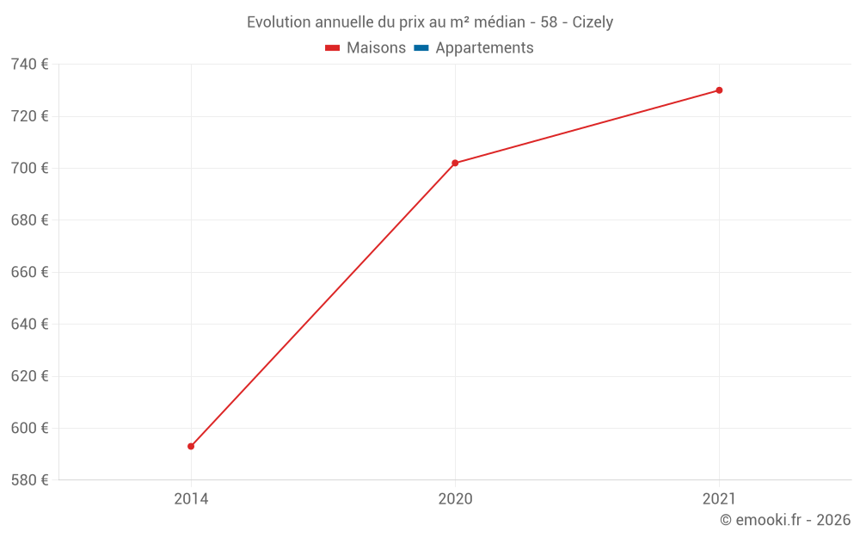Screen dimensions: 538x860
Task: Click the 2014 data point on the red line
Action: click(x=191, y=446)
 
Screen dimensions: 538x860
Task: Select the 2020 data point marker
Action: click(x=455, y=163)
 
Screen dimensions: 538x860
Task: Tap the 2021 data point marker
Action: click(x=719, y=90)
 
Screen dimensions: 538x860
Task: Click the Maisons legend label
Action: click(x=376, y=48)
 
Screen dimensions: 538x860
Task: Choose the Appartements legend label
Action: click(x=484, y=48)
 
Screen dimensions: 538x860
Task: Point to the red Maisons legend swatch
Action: click(x=333, y=48)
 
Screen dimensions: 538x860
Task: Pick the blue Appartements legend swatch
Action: click(x=421, y=48)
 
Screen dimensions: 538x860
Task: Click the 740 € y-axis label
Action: click(x=29, y=65)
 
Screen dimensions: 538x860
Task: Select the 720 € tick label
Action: click(x=29, y=116)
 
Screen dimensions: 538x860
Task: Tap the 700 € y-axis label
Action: click(x=29, y=168)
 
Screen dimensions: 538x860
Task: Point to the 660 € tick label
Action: click(x=29, y=272)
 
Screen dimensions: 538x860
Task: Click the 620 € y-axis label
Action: click(x=29, y=376)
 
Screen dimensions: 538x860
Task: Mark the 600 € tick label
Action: click(x=29, y=428)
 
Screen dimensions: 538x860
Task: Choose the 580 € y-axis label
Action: click(x=29, y=479)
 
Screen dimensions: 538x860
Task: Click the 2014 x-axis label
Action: click(x=191, y=498)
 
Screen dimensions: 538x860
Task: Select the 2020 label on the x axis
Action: click(x=455, y=498)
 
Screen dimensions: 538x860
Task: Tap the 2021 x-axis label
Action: click(x=719, y=498)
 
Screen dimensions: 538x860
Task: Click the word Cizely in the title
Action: click(x=593, y=22)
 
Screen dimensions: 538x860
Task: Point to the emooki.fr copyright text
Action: click(x=784, y=520)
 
